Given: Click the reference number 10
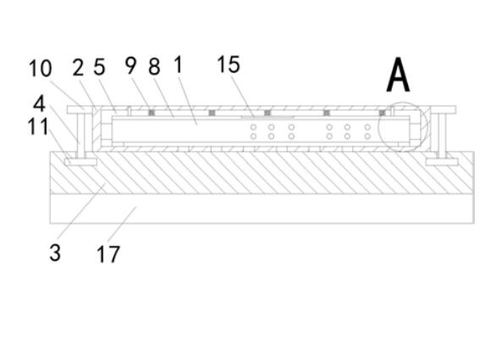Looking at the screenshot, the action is (x=40, y=69).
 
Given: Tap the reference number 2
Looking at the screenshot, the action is (x=78, y=68).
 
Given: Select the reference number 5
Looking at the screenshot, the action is (x=99, y=67).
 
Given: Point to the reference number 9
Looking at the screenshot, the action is (x=130, y=65).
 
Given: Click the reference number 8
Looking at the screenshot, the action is (x=154, y=67).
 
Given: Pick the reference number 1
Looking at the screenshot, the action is (x=179, y=64).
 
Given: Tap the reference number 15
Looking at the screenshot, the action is (x=228, y=64).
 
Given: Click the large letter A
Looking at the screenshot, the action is (x=398, y=75).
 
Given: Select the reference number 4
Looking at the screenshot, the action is (x=39, y=103).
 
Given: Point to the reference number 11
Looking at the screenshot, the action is (x=38, y=126).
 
